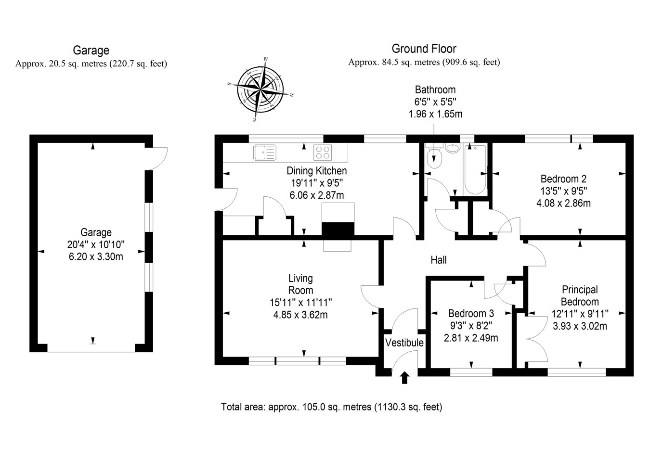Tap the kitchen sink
tap(264, 153)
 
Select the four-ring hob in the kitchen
tap(323, 153)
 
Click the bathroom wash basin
tap(453, 148)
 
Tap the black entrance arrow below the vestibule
tap(404, 378)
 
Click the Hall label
tap(438, 260)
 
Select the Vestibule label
tap(404, 343)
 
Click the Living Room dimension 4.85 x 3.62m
tap(300, 315)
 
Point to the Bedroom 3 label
tap(470, 313)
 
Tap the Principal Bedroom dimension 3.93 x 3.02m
tap(579, 326)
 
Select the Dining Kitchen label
tap(316, 171)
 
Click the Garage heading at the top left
tap(91, 51)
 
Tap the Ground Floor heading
tap(424, 49)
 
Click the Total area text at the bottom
tap(331, 407)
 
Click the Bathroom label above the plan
tap(435, 89)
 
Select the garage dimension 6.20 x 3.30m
tap(96, 256)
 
